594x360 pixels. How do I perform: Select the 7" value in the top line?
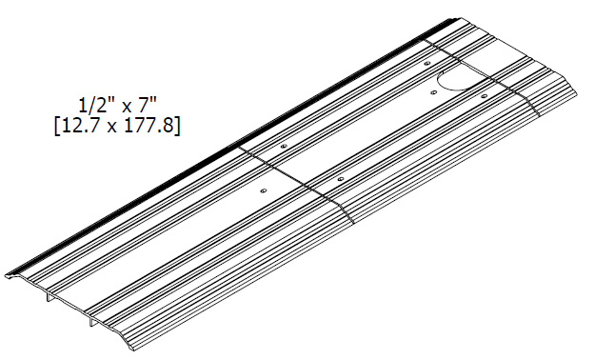(x=147, y=105)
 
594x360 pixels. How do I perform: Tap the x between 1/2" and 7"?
(x=127, y=108)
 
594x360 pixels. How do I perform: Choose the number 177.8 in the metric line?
(x=151, y=126)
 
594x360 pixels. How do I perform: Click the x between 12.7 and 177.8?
(x=112, y=128)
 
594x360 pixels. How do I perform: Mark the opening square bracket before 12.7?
(x=57, y=126)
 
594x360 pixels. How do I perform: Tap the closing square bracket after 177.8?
(x=177, y=126)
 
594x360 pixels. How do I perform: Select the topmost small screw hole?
(x=427, y=63)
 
